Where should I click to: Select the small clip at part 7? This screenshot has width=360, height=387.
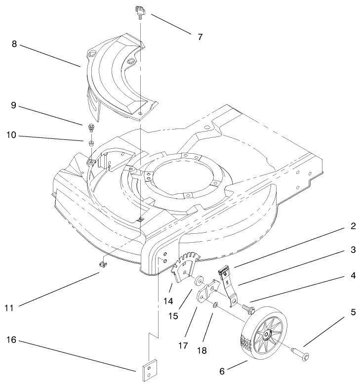(139, 10)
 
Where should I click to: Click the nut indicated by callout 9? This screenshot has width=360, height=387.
(91, 129)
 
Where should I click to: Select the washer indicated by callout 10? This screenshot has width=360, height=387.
(91, 143)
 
